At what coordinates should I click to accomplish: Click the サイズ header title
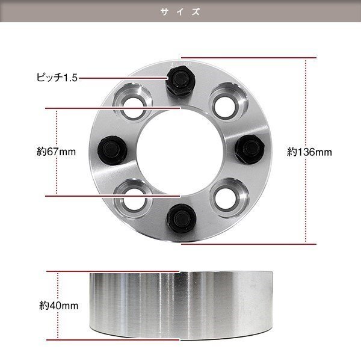[x=180, y=12]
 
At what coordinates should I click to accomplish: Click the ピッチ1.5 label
[x=57, y=78]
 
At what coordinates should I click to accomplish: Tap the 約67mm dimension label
[x=56, y=152]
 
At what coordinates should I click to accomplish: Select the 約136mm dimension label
[x=309, y=152]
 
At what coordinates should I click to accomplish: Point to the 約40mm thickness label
[x=59, y=306]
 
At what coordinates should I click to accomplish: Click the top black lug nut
[x=180, y=79]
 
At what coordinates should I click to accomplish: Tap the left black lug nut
[x=113, y=150]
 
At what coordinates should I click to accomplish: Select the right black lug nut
[x=249, y=150]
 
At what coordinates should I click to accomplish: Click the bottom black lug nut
[x=181, y=218]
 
